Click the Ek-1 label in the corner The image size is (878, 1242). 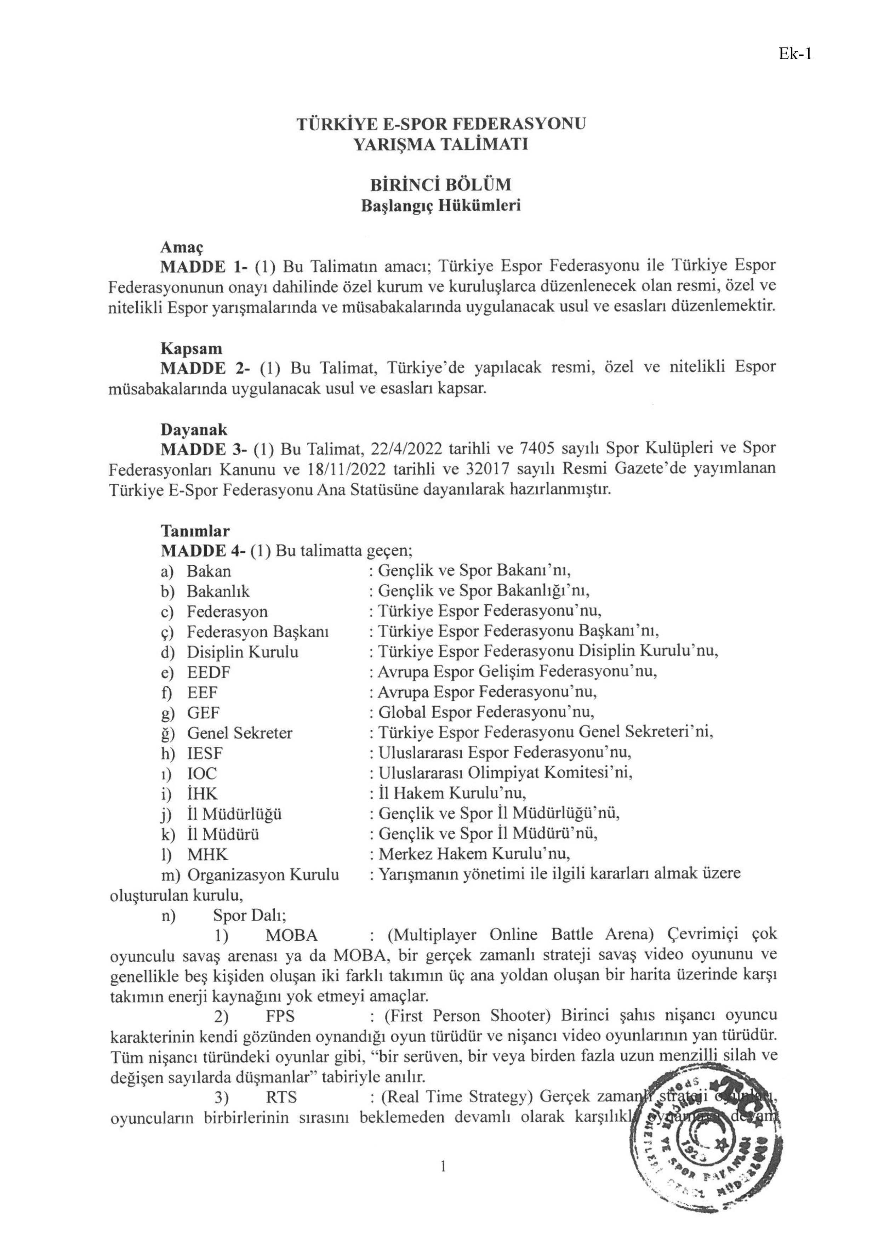(795, 54)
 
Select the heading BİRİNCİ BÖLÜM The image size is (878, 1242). (440, 185)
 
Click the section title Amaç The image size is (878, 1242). (181, 247)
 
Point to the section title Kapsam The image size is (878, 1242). (191, 348)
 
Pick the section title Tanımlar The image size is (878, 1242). (195, 531)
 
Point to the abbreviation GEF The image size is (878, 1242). (204, 713)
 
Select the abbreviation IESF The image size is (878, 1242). (205, 753)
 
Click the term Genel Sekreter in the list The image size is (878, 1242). (240, 733)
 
